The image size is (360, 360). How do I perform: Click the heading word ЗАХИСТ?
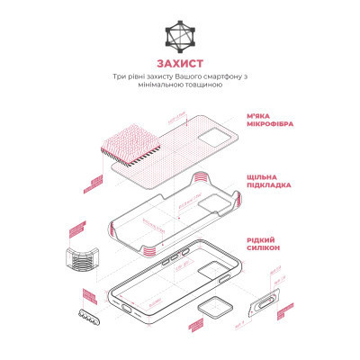pyautogui.click(x=179, y=64)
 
